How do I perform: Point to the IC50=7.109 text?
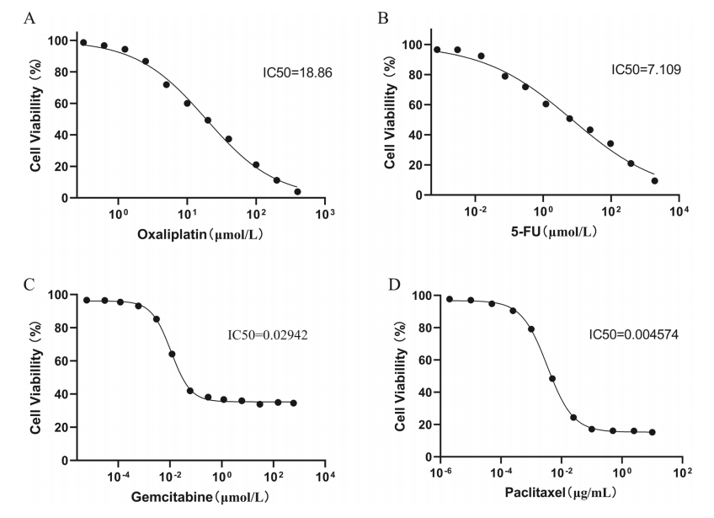pyautogui.click(x=646, y=68)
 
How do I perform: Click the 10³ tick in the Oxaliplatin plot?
pyautogui.click(x=324, y=214)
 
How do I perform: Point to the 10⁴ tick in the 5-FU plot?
pyautogui.click(x=677, y=211)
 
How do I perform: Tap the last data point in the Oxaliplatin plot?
pyautogui.click(x=297, y=191)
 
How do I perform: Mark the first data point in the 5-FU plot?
pyautogui.click(x=437, y=50)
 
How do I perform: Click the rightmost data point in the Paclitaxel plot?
pyautogui.click(x=652, y=432)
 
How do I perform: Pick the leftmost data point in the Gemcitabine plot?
pyautogui.click(x=87, y=300)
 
